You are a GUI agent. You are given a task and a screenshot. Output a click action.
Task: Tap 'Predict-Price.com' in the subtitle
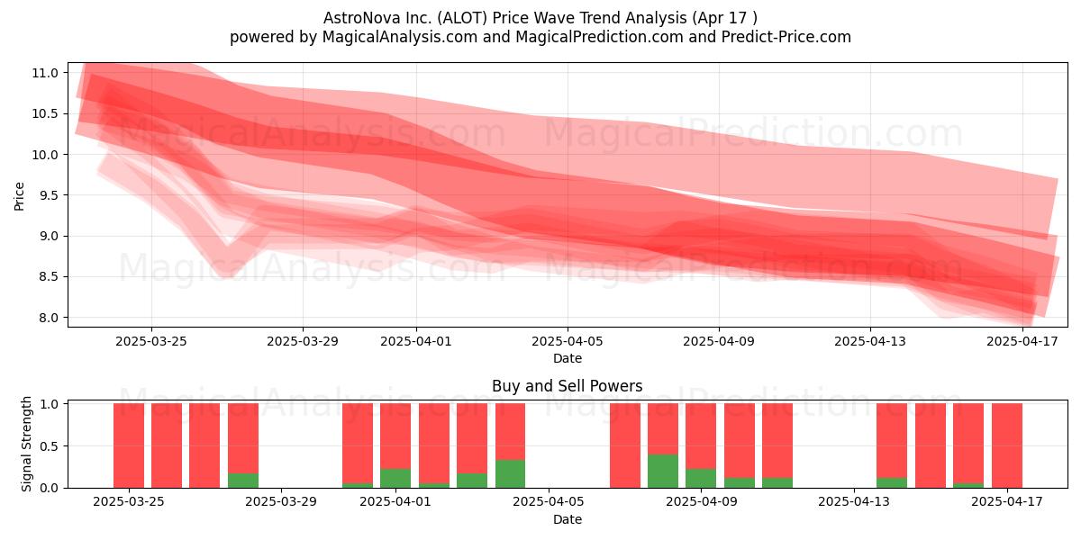point(786,37)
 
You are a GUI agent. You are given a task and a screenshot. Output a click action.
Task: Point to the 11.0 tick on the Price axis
point(45,73)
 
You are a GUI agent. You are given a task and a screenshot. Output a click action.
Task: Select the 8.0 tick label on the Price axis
point(45,318)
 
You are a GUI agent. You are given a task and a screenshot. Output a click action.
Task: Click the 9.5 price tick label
point(45,195)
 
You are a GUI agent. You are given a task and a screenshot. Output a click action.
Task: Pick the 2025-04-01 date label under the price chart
point(416,341)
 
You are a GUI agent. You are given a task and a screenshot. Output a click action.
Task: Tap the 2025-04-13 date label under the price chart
point(870,341)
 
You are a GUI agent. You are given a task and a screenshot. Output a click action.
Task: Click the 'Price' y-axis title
point(19,196)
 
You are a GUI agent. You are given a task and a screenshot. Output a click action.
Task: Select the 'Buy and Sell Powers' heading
point(567,386)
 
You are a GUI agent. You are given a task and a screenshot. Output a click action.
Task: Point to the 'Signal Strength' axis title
point(26,444)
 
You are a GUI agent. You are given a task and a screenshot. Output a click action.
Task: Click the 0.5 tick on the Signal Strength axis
point(49,446)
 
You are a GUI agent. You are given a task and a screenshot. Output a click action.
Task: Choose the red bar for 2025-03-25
point(129,445)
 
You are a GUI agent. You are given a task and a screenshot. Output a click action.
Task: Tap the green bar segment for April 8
point(663,471)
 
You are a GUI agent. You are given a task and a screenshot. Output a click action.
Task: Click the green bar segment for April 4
point(510,474)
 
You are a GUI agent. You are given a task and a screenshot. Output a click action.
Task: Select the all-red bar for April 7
point(625,445)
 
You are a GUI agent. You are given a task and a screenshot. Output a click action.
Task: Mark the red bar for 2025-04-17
point(1007,445)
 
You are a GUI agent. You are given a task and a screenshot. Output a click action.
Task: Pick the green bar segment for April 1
point(395,478)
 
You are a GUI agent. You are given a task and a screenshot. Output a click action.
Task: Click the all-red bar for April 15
point(931,445)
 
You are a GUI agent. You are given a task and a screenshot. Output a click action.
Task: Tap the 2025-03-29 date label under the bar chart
point(281,502)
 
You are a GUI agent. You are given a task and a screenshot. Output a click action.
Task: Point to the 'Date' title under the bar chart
point(567,519)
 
